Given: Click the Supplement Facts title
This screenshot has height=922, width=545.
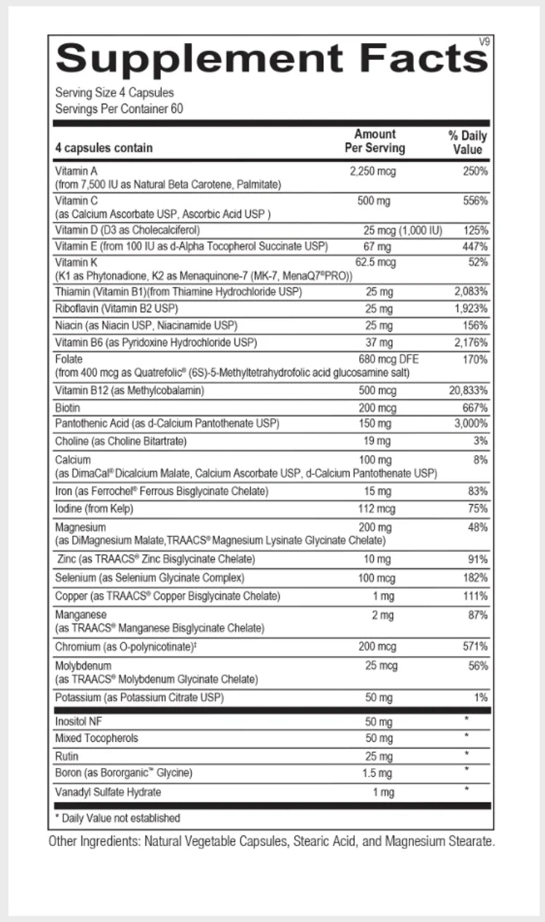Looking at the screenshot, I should pos(271,58).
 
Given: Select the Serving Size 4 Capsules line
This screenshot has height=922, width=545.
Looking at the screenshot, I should pos(114,93).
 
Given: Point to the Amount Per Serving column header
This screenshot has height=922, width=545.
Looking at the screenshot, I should pos(375,141).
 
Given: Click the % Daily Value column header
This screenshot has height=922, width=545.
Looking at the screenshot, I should pos(468,142).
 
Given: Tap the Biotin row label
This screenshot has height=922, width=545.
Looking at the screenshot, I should pos(68,407).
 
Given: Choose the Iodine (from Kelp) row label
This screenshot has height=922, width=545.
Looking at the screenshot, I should pos(95,508).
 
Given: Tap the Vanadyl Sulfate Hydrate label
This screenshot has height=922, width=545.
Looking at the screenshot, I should pos(108,791).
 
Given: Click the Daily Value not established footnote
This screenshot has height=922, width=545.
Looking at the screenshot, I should pos(117,818).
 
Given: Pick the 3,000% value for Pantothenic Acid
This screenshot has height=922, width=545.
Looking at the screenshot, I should pos(471,424).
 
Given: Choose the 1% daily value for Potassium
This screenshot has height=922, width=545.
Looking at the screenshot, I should pos(481,698).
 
